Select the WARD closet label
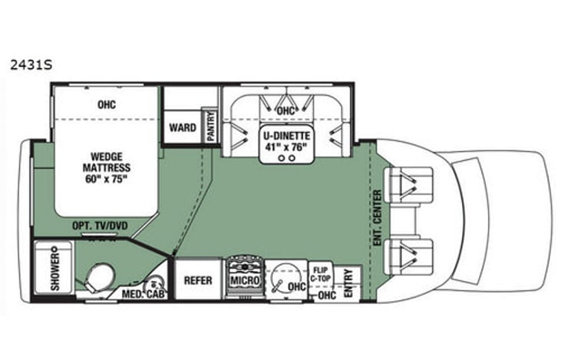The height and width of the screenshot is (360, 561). click(x=182, y=127)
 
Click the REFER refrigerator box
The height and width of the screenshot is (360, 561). click(x=198, y=281)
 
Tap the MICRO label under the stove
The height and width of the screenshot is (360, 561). click(x=244, y=282)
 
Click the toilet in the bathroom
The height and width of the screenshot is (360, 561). click(x=99, y=277)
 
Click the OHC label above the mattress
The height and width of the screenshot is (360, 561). click(x=106, y=104)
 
